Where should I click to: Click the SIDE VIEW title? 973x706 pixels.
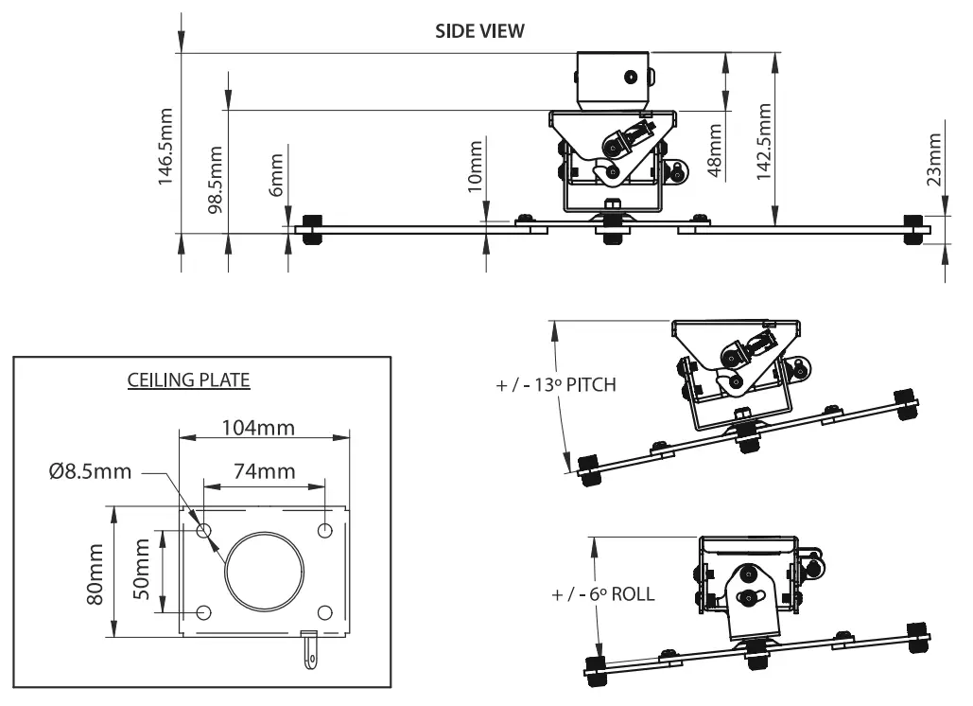[479, 31]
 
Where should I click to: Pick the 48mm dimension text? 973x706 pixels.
[715, 150]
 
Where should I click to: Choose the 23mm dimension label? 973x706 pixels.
[934, 158]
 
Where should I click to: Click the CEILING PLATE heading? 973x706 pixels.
[188, 381]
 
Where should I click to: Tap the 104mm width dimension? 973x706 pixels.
[257, 428]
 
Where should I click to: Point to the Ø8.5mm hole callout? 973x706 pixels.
[92, 471]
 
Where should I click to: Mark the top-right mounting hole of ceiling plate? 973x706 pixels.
[325, 530]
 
